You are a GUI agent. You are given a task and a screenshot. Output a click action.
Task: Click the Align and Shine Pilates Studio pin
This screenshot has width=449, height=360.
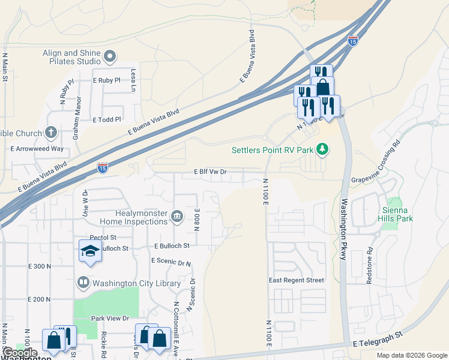(109, 58)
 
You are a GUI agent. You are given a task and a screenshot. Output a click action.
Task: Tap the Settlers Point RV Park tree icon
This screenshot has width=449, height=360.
(323, 149)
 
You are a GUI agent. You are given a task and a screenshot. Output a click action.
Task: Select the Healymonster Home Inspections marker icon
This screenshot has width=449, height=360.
(176, 216)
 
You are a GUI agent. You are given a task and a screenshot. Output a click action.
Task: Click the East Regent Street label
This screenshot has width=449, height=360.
(297, 280)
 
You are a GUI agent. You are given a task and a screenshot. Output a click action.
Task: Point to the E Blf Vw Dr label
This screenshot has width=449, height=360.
(210, 172)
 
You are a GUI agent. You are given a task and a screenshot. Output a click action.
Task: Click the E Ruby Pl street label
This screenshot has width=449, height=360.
(107, 80)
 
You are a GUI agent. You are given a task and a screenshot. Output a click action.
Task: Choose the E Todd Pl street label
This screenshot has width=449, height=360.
(107, 119)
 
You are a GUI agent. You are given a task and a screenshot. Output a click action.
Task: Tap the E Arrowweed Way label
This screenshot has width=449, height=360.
(37, 148)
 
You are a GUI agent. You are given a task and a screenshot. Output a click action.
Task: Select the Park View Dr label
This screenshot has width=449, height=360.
(110, 318)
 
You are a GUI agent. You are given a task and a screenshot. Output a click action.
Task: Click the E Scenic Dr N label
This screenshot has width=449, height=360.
(172, 263)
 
